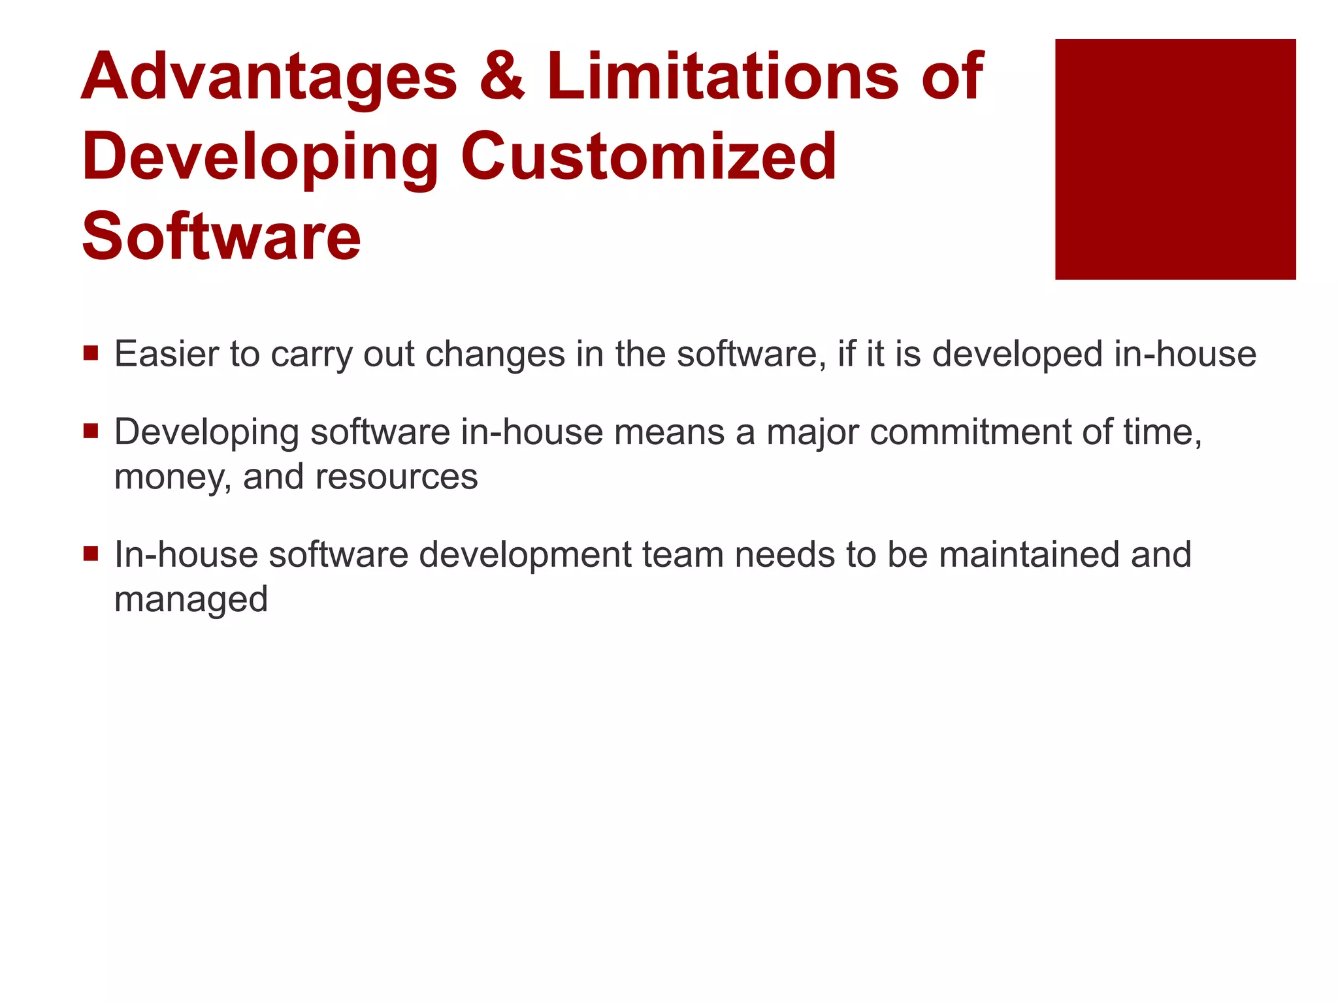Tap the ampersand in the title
tap(502, 77)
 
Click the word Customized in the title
tap(649, 157)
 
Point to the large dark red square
tap(1175, 159)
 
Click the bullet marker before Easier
tap(91, 354)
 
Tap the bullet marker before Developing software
tap(91, 432)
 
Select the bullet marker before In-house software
tap(91, 554)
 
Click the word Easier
tap(167, 355)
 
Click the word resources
tap(397, 477)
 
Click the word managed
tap(191, 600)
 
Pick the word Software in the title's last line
tap(221, 236)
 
